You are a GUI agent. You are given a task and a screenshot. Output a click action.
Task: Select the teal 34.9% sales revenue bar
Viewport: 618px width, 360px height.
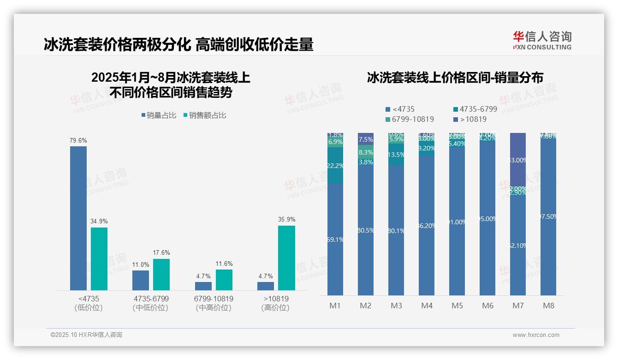pos(99,258)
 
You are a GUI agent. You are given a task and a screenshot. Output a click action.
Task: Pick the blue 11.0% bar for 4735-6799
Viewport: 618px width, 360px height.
pos(141,280)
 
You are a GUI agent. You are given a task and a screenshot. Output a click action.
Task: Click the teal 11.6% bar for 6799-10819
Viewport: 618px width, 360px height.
pos(224,280)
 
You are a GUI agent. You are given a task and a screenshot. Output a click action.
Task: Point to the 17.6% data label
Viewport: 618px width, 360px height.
pos(161,253)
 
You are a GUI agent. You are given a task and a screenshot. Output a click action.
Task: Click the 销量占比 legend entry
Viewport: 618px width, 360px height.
pos(159,115)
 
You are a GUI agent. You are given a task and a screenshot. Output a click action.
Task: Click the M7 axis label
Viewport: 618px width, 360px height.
pos(518,306)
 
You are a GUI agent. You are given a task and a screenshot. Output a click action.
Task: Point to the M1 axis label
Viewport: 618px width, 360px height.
pos(335,306)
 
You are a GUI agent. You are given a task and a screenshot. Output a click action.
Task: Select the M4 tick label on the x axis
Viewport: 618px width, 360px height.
pos(427,306)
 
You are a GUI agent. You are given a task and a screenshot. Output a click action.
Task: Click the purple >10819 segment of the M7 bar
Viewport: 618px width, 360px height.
pos(518,160)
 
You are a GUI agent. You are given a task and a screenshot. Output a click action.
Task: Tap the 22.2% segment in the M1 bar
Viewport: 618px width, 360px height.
pos(335,165)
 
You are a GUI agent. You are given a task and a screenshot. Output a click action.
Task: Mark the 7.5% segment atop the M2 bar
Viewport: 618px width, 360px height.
pos(366,139)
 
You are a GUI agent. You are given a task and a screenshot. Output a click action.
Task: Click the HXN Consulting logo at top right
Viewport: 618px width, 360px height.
pos(542,40)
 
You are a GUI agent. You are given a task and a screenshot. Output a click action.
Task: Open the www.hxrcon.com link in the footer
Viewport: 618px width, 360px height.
pos(536,335)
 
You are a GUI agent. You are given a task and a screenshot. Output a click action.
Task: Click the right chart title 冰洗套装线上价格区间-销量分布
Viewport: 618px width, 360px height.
pos(455,78)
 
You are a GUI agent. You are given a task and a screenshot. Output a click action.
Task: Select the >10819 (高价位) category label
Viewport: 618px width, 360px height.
pos(275,303)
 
